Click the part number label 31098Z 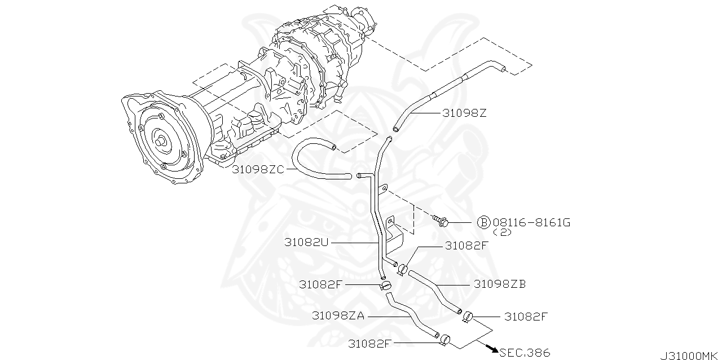pyautogui.click(x=464, y=113)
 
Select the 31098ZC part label pyautogui.click(x=258, y=169)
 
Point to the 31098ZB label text pyautogui.click(x=499, y=284)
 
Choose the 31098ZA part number pyautogui.click(x=338, y=317)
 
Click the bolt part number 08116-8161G pyautogui.click(x=531, y=223)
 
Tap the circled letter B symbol pyautogui.click(x=483, y=223)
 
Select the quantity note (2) pyautogui.click(x=501, y=232)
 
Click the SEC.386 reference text pyautogui.click(x=524, y=353)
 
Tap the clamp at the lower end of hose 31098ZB pyautogui.click(x=467, y=317)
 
